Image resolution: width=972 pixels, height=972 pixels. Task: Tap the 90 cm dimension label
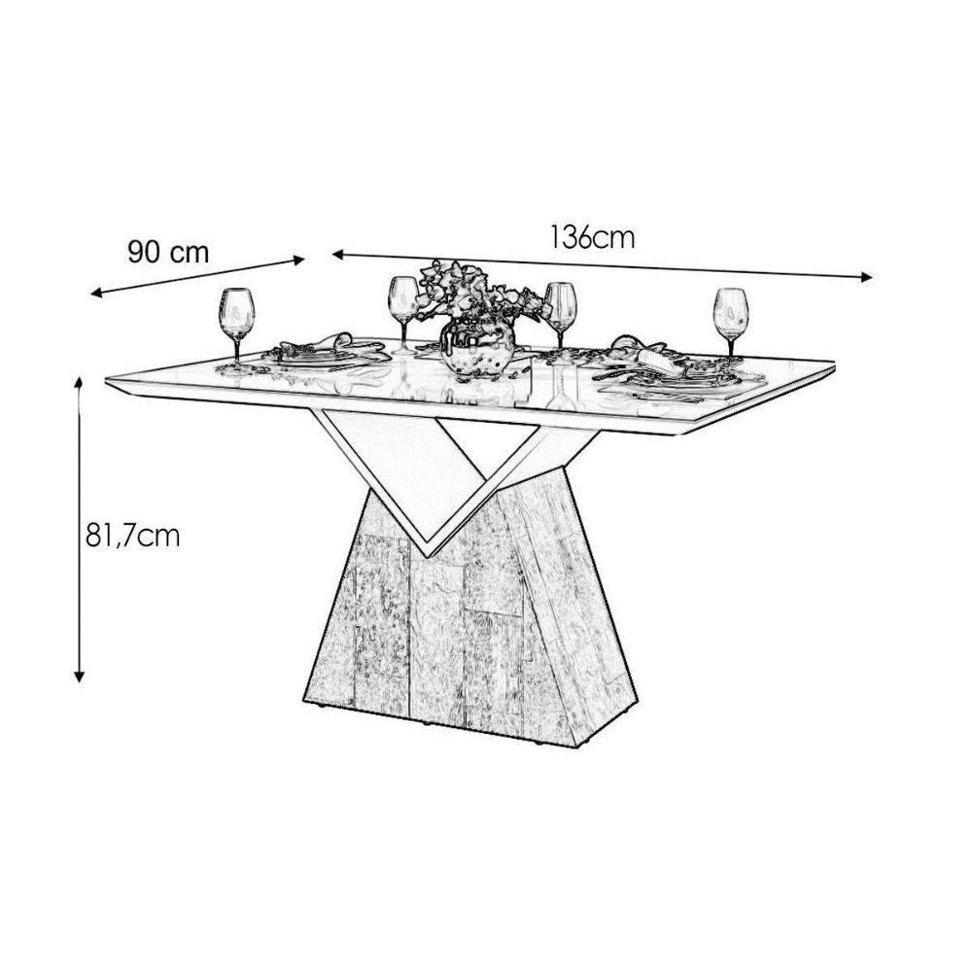click(x=168, y=253)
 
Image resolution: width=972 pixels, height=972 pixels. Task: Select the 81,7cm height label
click(x=132, y=536)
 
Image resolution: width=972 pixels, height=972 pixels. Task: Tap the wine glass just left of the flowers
click(x=402, y=307)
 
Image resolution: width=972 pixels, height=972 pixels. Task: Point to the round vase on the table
click(x=477, y=347)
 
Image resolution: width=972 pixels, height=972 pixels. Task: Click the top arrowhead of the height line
click(x=80, y=382)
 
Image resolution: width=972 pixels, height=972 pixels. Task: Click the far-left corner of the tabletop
click(x=107, y=376)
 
